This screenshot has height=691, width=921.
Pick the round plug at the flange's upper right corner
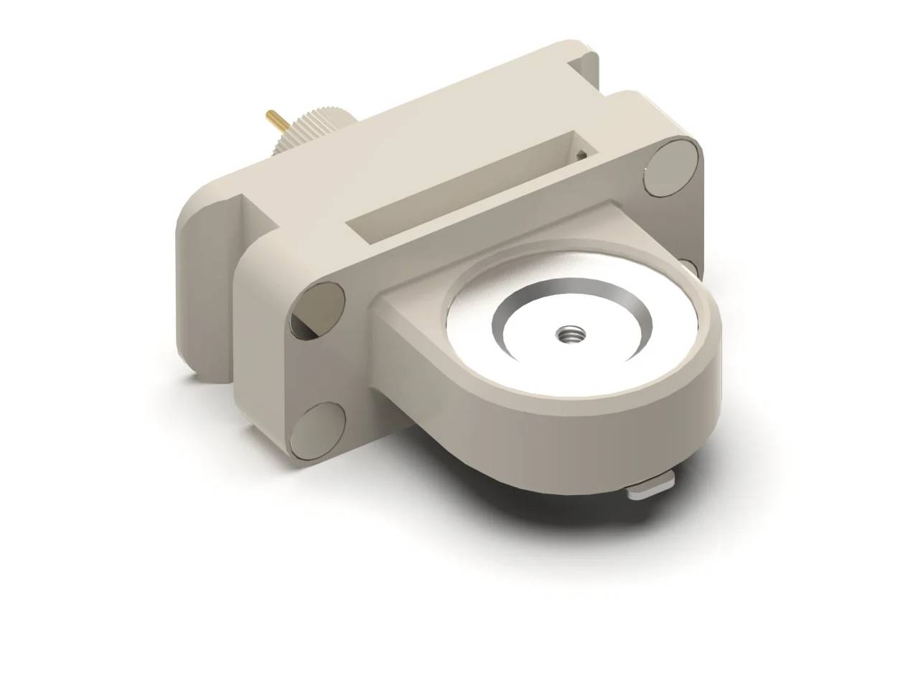pos(672,168)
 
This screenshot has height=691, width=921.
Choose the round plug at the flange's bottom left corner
pos(317,430)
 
